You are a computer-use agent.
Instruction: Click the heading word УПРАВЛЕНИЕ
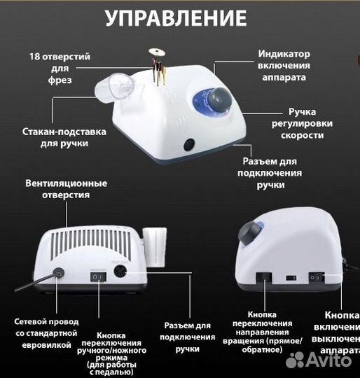[176, 17]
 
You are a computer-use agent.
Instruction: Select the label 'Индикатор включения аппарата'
[284, 65]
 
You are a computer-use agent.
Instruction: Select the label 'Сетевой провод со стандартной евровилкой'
[43, 332]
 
